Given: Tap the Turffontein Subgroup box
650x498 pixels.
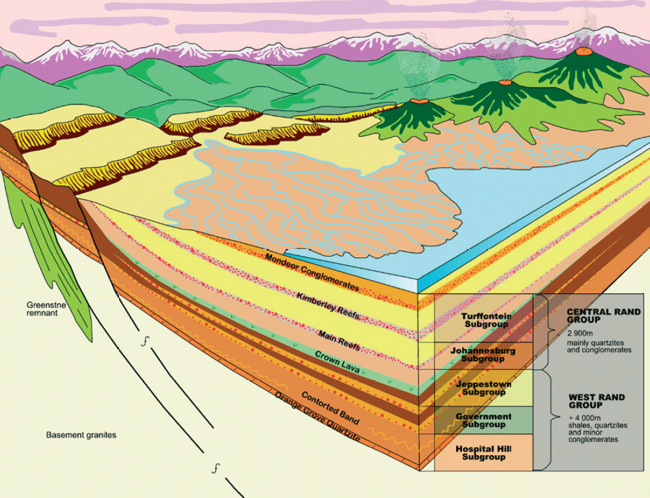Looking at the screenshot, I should click(x=484, y=319).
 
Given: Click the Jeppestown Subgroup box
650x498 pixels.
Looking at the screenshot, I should click(x=484, y=387).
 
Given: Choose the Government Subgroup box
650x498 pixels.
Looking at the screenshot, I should click(x=484, y=420).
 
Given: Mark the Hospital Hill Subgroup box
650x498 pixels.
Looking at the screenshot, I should click(x=484, y=453).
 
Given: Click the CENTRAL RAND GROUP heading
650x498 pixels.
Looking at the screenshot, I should click(x=603, y=315).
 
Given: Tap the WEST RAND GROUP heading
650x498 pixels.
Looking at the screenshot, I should click(x=596, y=401).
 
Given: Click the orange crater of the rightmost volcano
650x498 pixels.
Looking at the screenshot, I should click(x=583, y=51).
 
